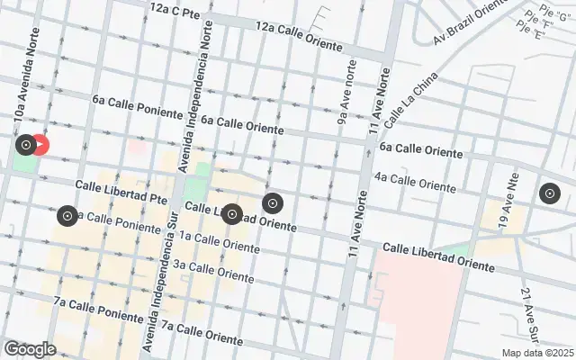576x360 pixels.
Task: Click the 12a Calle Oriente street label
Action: pos(300,36)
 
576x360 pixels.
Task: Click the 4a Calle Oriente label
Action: pos(415,182)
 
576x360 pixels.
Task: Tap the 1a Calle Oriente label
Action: pos(213,240)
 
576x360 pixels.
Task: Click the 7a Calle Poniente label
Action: pos(97,309)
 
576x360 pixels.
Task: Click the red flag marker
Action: pos(40,144)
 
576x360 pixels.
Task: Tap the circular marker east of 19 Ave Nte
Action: pos(549,193)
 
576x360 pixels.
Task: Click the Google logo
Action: pos(30,348)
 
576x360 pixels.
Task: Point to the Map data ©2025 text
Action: pos(537,353)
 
